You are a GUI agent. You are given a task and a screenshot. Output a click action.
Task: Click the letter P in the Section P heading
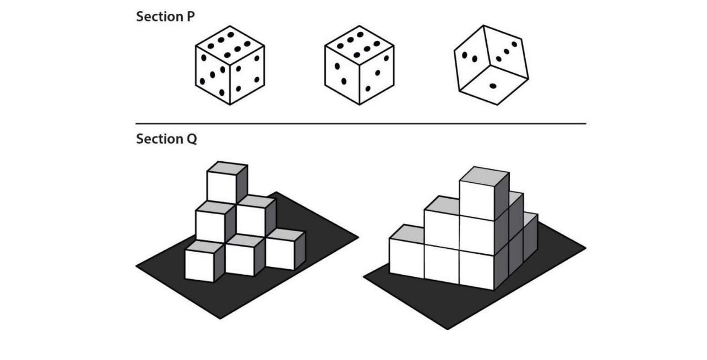click(191, 17)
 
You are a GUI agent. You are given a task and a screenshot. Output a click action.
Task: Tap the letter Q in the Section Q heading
click(192, 139)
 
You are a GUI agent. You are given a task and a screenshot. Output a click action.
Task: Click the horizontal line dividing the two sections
click(361, 124)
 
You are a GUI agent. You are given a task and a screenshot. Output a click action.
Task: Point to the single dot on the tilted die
click(493, 86)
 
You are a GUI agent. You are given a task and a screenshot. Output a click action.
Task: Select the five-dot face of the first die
click(213, 75)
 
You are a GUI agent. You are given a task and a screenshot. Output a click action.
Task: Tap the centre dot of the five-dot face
click(213, 75)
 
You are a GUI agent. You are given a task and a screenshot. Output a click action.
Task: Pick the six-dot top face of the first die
click(230, 45)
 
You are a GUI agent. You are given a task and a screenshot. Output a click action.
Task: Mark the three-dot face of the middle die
click(377, 75)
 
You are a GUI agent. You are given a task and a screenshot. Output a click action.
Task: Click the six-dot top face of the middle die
click(359, 45)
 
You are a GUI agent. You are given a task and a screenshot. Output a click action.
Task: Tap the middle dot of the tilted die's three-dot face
click(507, 51)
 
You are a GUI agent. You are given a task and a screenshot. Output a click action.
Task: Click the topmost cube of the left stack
click(227, 182)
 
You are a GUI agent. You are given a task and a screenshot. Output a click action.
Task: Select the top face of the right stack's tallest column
click(484, 176)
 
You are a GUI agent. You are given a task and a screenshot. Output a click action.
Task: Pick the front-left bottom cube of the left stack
click(204, 261)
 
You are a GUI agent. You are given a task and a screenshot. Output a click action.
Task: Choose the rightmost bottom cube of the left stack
click(286, 249)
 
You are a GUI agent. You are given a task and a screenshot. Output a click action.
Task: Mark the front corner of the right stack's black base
click(447, 330)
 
